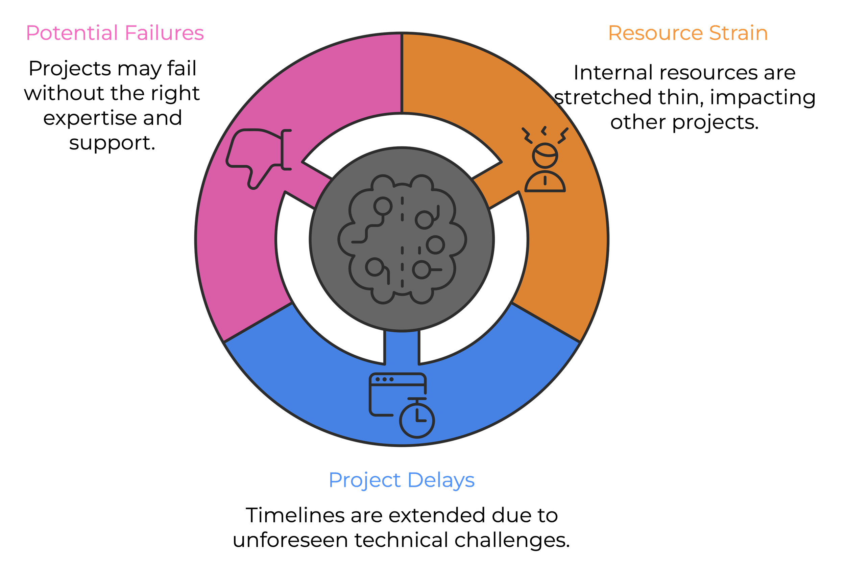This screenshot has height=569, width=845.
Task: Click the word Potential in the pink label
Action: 72,33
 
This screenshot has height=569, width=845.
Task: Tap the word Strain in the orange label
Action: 738,33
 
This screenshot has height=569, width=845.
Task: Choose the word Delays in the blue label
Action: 441,480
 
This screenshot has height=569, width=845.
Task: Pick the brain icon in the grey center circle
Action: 402,239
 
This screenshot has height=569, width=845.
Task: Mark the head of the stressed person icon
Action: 545,156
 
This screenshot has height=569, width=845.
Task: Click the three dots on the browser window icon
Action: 384,379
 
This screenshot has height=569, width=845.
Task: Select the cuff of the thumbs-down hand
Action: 286,149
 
